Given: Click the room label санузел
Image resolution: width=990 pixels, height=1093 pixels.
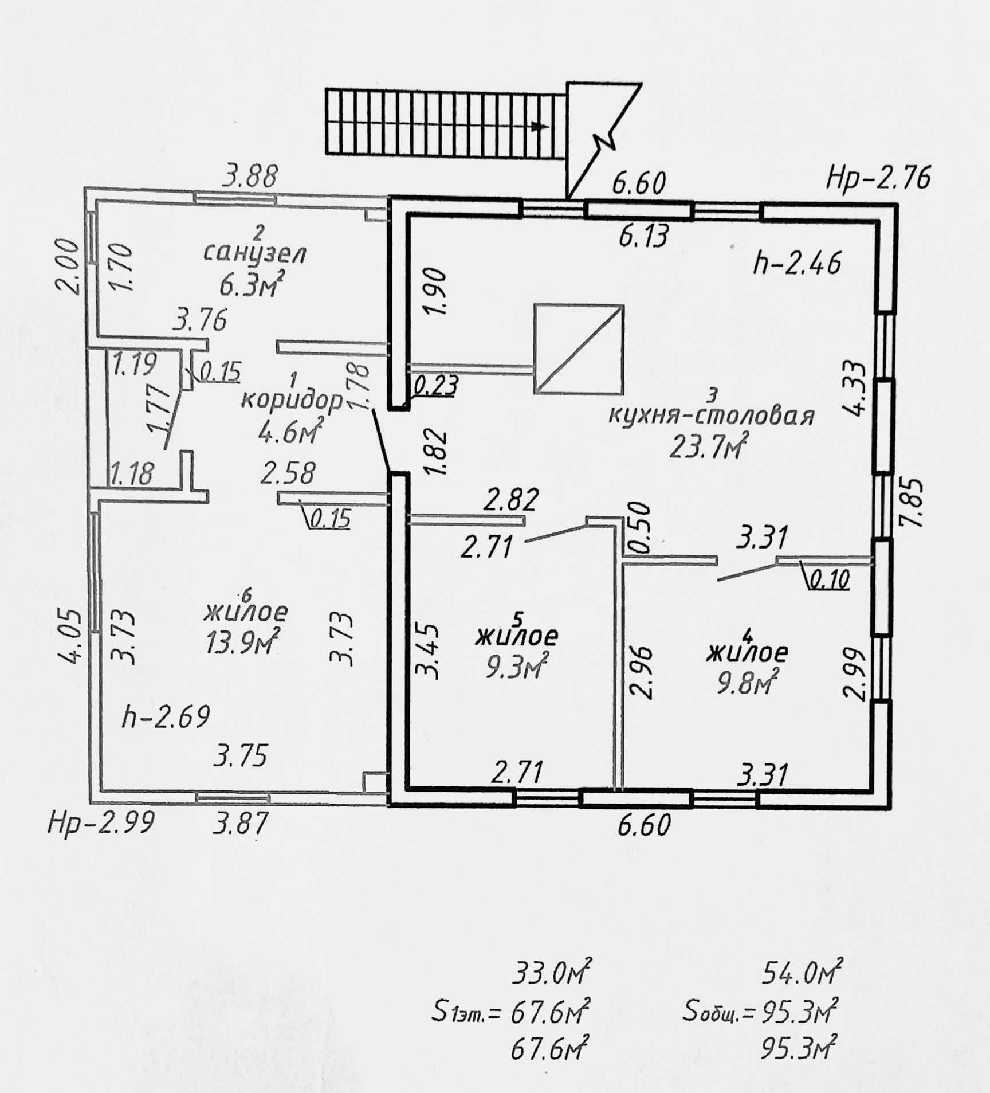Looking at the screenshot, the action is click(x=256, y=253).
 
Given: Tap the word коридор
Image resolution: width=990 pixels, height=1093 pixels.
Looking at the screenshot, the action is click(x=292, y=401).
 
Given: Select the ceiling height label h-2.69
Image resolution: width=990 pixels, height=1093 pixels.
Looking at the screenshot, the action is click(x=166, y=717).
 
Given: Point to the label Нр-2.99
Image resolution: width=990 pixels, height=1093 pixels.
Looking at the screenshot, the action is click(x=101, y=824).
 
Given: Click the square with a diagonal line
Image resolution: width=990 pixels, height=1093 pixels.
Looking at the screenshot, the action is click(x=579, y=349).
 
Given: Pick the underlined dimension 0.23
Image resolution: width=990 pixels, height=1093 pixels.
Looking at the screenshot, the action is click(x=436, y=385).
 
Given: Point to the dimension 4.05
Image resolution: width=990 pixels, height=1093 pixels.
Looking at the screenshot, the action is click(x=72, y=634).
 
